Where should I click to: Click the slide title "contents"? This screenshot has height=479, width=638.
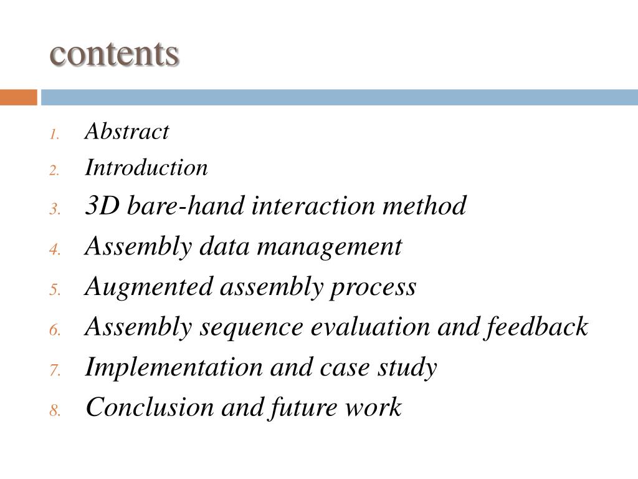pos(115,54)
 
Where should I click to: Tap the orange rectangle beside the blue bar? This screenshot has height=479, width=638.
pos(18,97)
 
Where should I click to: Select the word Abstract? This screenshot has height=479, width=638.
pos(126,132)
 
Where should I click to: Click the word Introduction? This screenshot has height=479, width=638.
pos(146,168)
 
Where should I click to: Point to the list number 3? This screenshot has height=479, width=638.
pos(55,209)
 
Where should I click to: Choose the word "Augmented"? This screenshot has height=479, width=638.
pos(148,287)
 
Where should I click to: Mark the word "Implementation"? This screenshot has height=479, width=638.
pos(173,367)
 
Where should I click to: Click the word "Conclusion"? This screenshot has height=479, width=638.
pos(149,407)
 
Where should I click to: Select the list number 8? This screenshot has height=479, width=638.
pos(55,411)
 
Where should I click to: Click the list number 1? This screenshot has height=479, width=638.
pos(55,135)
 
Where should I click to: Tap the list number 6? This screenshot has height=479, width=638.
pos(55,331)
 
